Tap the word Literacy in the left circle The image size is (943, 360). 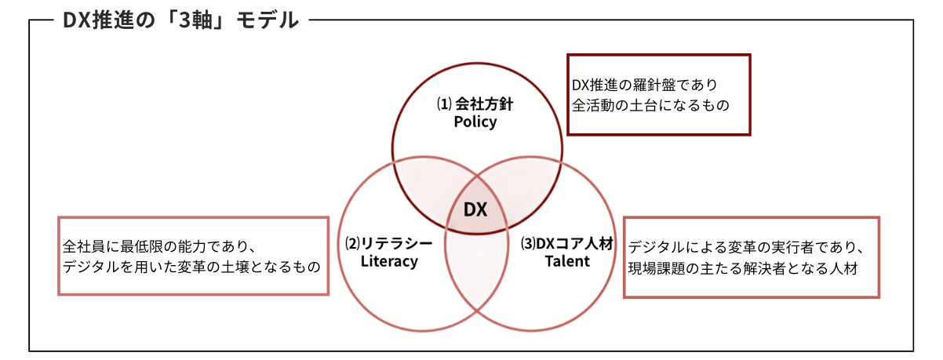(x=389, y=261)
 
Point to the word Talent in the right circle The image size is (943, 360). (x=567, y=261)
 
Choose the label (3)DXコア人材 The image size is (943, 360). (x=567, y=243)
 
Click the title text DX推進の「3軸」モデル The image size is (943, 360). (x=180, y=20)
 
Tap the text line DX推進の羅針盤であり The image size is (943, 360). (x=644, y=84)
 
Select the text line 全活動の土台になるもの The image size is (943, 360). (x=650, y=104)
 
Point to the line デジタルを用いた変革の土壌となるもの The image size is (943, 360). (x=191, y=267)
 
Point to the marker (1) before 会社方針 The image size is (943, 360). (x=442, y=104)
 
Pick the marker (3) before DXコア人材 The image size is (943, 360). (x=528, y=243)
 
